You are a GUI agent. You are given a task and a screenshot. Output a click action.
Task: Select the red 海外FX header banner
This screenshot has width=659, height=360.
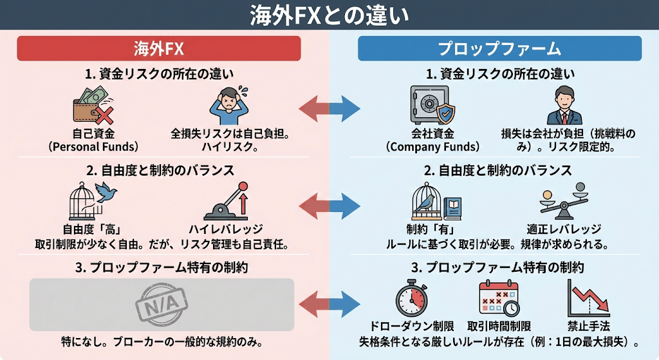[159, 48]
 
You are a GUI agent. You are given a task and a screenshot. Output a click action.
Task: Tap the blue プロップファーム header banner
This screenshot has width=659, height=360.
[499, 48]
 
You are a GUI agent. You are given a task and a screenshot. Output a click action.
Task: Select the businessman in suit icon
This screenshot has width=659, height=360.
[564, 105]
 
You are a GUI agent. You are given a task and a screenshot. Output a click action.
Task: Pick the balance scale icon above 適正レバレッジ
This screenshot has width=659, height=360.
[563, 202]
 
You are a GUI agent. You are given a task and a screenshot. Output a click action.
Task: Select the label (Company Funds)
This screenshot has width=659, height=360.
[430, 146]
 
